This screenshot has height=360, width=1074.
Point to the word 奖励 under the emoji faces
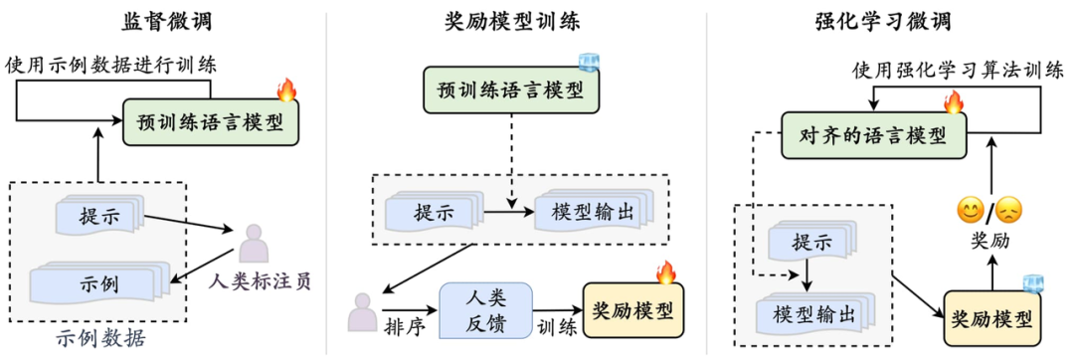(988, 242)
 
